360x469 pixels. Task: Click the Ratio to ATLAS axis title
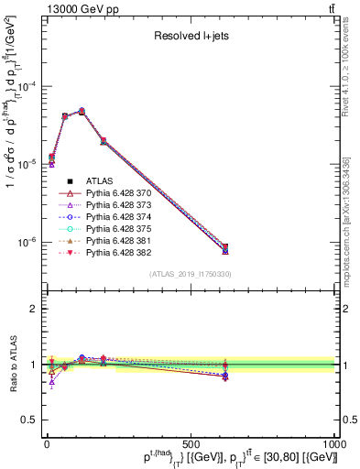(11, 365)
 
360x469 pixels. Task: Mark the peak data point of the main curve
(82, 112)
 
